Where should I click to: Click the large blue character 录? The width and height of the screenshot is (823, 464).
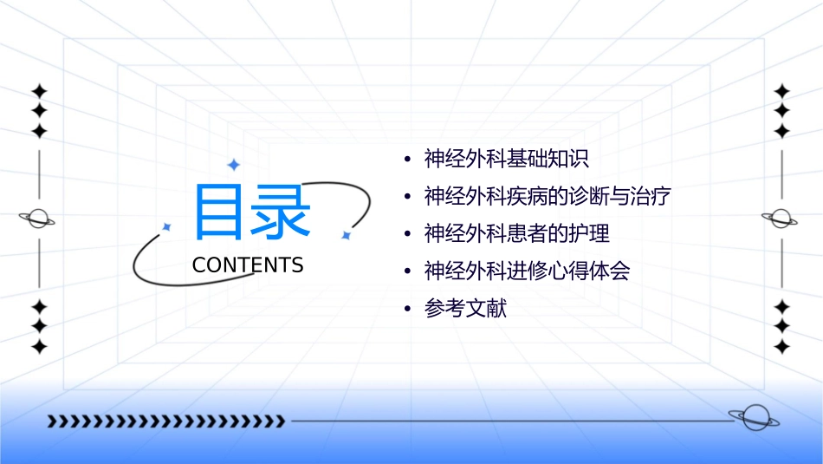281,212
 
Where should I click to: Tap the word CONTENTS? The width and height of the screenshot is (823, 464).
248,265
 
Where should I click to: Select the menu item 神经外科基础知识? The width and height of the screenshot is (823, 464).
507,159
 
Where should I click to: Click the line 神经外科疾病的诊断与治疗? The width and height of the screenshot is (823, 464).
548,196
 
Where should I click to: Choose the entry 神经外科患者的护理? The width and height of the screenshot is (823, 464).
517,233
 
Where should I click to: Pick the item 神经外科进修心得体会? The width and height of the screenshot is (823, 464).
527,271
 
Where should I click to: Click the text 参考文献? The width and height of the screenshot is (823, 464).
465,308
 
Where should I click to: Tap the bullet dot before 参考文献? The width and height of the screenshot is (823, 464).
408,310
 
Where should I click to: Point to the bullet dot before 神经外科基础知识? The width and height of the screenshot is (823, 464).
408,160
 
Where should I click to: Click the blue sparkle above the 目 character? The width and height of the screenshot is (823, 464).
233,165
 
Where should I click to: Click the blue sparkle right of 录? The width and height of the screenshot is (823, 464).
345,235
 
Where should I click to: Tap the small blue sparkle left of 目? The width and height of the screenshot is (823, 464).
166,227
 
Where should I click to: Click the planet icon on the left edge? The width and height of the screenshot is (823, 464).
38,219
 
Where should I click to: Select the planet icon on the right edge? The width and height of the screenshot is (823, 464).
781,219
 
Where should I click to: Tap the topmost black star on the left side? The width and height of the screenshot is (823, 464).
39,91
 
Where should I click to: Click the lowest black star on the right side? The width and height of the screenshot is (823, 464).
781,347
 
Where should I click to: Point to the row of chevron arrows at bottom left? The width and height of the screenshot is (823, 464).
165,422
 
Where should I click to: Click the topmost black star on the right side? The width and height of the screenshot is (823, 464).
781,91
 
